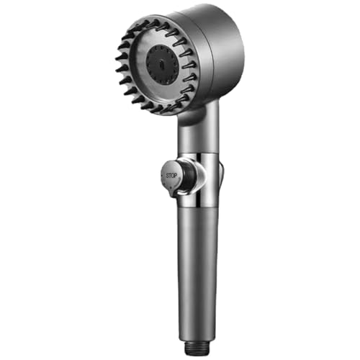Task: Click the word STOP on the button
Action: (x=171, y=176)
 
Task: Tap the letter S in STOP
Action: (x=167, y=176)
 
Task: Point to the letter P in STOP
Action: (x=176, y=176)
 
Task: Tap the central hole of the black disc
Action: (x=160, y=65)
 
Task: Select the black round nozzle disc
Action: (x=163, y=64)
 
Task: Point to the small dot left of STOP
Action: (x=162, y=176)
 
